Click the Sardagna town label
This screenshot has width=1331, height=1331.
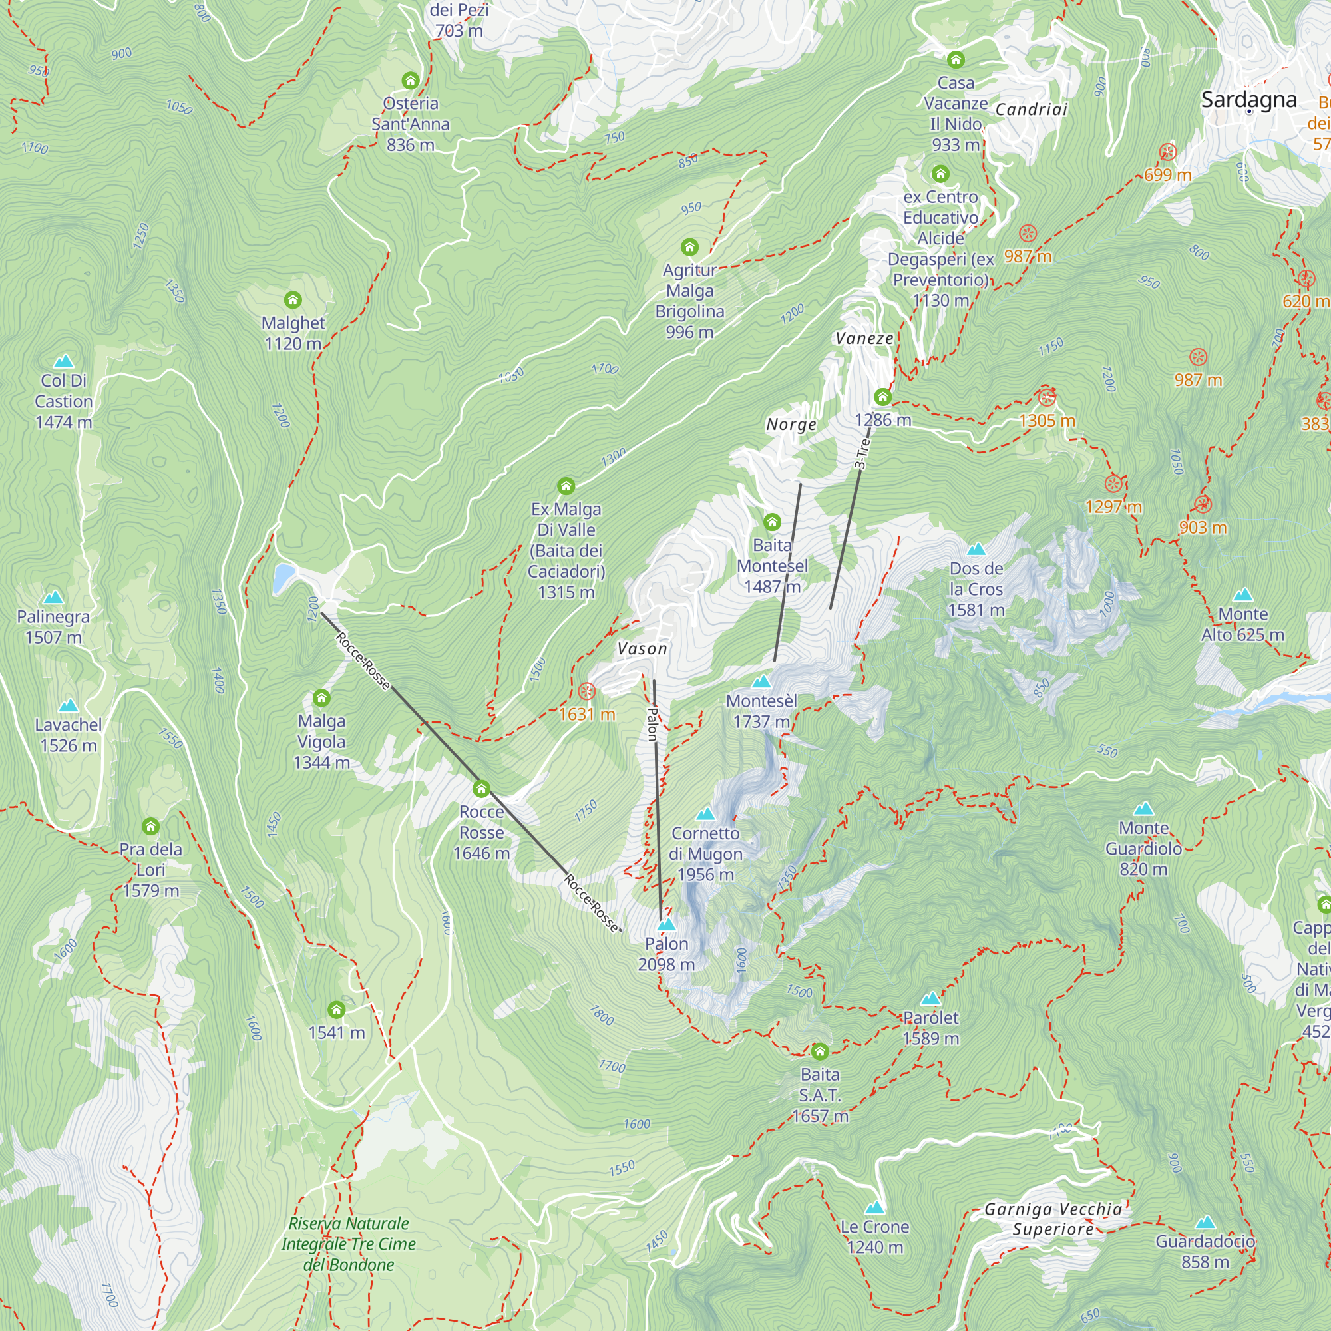(x=1248, y=99)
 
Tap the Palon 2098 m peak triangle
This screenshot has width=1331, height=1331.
(x=666, y=924)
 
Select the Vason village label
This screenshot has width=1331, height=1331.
(x=642, y=648)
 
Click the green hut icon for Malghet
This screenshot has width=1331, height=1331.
(x=293, y=299)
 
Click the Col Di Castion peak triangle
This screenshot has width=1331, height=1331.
(x=63, y=361)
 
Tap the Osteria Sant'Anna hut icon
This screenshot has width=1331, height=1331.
(x=411, y=81)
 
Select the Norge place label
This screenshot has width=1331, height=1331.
(x=791, y=425)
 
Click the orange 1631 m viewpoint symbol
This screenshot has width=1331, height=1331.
(x=586, y=691)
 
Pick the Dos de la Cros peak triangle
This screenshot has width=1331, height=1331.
(x=976, y=550)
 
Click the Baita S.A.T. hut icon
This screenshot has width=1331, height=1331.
(x=819, y=1051)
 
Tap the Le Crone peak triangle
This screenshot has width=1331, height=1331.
(x=874, y=1207)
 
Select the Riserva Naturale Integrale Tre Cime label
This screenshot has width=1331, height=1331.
(x=349, y=1244)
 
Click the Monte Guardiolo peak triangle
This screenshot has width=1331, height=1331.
(x=1143, y=808)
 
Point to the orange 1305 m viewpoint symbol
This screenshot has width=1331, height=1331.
(x=1046, y=397)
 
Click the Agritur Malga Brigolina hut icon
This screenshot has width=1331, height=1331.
(x=689, y=247)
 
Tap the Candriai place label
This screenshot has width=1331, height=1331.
(x=1031, y=110)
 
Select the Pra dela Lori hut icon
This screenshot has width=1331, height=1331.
(x=151, y=826)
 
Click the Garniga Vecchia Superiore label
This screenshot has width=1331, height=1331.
(x=1053, y=1219)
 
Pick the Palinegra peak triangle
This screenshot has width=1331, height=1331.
(x=53, y=598)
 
